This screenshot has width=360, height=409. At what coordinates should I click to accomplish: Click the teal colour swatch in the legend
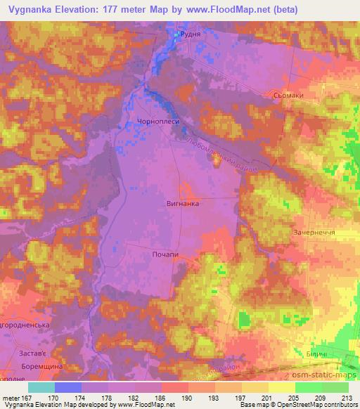41,387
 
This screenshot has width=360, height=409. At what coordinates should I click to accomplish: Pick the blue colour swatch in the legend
67,387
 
